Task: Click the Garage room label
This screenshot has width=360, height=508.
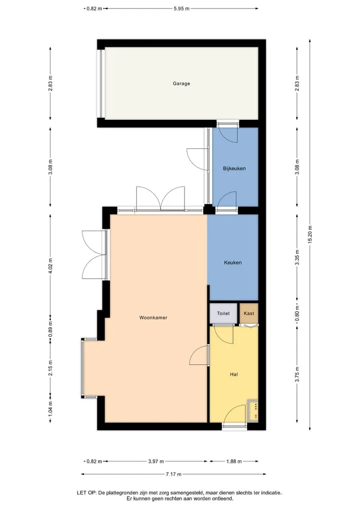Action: (x=181, y=83)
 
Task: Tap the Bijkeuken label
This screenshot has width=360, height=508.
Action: (x=234, y=168)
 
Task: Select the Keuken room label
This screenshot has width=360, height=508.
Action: (x=233, y=262)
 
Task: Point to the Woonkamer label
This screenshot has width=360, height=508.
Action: (x=153, y=318)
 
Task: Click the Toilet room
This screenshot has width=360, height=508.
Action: (x=223, y=313)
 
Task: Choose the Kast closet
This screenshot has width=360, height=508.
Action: (x=249, y=313)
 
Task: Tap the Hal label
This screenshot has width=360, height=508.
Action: (x=234, y=374)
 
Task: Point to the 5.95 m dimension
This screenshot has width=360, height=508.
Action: (x=181, y=8)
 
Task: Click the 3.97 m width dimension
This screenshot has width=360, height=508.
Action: (x=156, y=462)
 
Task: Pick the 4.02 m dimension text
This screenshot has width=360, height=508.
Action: (x=50, y=266)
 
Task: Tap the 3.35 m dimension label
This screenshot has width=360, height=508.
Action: (x=297, y=258)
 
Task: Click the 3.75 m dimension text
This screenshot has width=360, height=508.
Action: (x=297, y=374)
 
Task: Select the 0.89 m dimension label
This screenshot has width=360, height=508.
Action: (x=50, y=329)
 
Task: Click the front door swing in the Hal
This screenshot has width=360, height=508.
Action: (x=235, y=414)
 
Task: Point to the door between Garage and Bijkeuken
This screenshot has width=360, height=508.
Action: (x=228, y=133)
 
